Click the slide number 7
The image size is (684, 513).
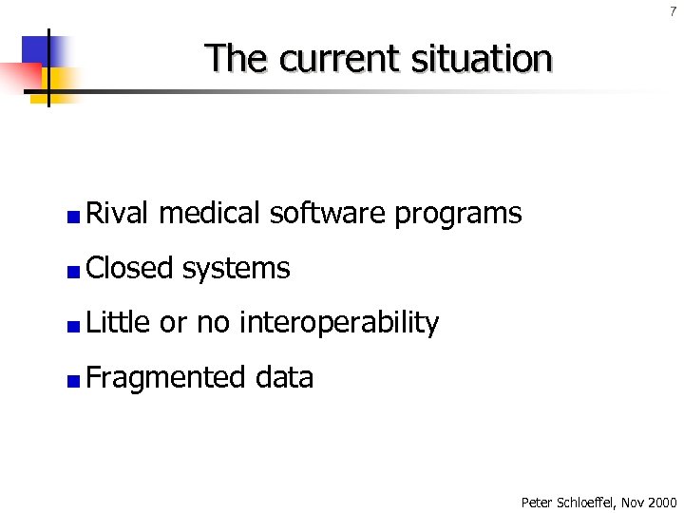pos(673,11)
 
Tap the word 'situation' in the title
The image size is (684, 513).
pos(482,59)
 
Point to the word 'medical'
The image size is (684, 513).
pos(209,213)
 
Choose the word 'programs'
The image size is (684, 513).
pos(458,215)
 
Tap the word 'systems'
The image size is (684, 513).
pos(236,270)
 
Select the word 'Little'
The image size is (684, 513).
pos(118,323)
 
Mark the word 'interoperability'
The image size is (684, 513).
pos(338,324)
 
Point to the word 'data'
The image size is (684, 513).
pos(284,377)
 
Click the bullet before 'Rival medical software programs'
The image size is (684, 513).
pos(73,218)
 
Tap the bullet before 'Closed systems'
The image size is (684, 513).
pos(73,273)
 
